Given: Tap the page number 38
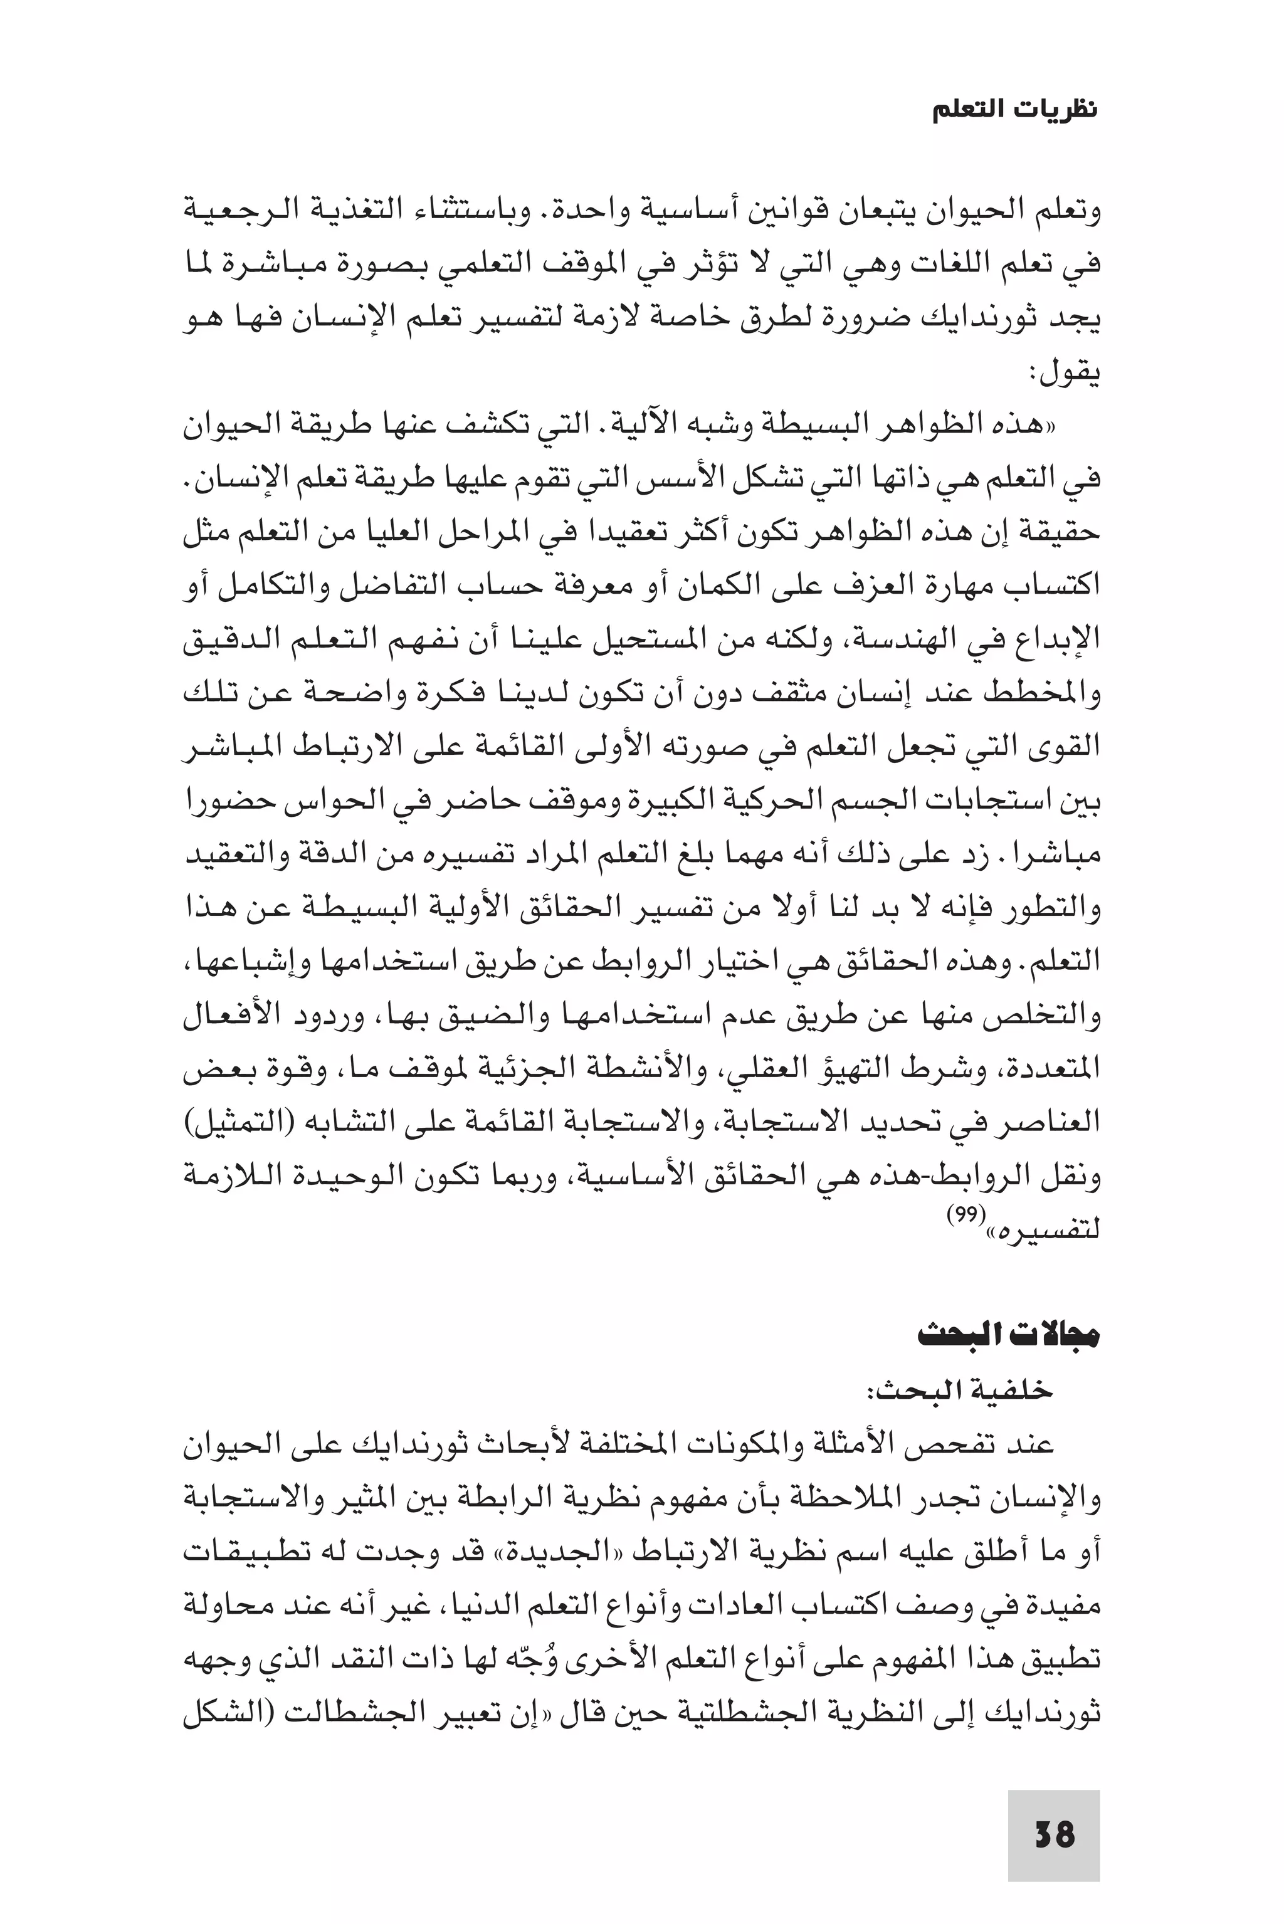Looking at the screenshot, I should (1054, 1834).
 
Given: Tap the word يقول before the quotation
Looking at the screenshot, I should (1068, 374).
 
